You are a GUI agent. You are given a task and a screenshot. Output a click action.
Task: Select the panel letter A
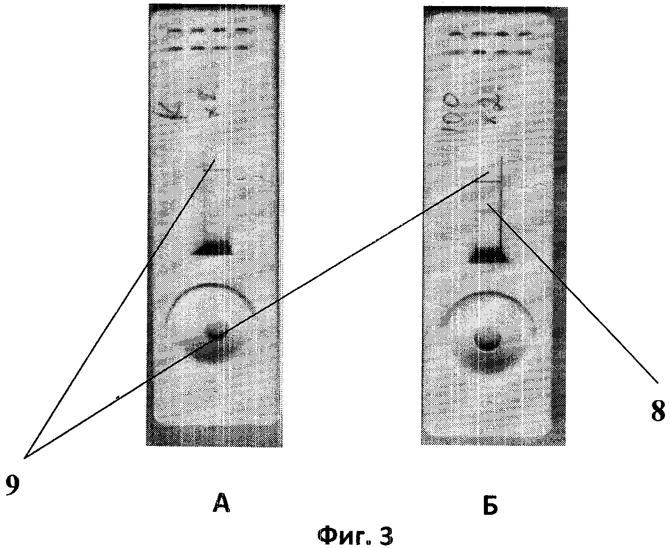click(x=222, y=502)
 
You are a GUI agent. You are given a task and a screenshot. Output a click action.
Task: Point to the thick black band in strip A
click(x=212, y=248)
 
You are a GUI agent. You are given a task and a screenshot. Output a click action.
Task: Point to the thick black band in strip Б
click(x=487, y=256)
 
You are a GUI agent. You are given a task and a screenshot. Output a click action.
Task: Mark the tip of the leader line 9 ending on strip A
click(x=216, y=160)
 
